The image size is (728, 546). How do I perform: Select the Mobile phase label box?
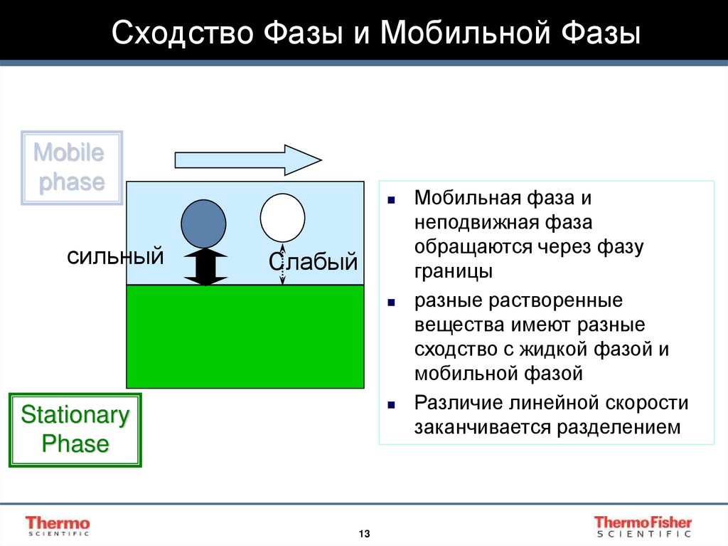71,168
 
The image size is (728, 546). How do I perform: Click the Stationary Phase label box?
75,430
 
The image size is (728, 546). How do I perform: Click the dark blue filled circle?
204,223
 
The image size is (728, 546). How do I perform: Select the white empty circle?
282,217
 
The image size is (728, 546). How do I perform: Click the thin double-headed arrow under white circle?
282,266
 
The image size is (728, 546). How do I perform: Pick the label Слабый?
312,262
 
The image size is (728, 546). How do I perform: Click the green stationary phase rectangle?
245,336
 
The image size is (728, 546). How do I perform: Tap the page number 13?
364,534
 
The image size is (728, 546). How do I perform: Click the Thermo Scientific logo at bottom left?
58,525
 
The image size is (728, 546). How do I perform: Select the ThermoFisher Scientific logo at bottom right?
642,526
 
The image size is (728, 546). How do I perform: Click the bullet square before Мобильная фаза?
391,199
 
